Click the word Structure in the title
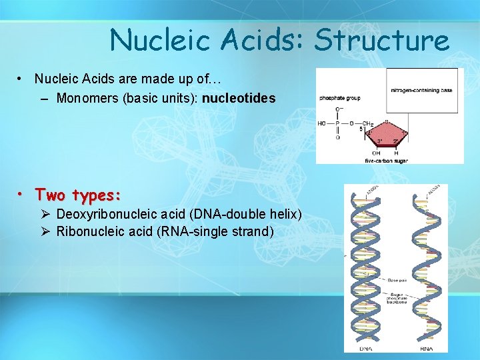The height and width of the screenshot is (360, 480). click(x=382, y=40)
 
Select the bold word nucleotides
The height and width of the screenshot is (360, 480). click(x=239, y=99)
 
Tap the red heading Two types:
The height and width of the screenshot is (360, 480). click(x=78, y=195)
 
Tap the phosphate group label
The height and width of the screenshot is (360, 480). click(x=340, y=98)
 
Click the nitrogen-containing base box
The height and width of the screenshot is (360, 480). click(x=422, y=90)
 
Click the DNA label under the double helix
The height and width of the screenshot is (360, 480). click(x=366, y=348)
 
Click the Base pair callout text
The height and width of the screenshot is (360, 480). click(x=397, y=280)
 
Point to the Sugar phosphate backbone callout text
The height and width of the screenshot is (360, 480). click(x=397, y=297)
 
